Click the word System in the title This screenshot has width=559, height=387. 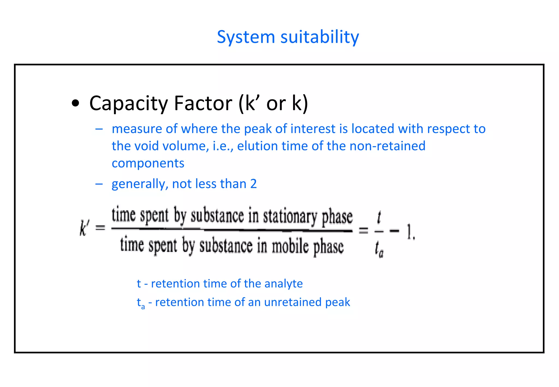click(x=246, y=37)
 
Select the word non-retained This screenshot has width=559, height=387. click(x=387, y=146)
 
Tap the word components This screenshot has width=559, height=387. click(x=148, y=163)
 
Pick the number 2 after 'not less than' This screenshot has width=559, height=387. click(x=254, y=184)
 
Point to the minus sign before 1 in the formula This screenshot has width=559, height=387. click(x=394, y=231)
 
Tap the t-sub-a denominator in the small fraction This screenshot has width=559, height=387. click(x=379, y=249)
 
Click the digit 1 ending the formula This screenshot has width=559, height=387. click(x=409, y=231)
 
